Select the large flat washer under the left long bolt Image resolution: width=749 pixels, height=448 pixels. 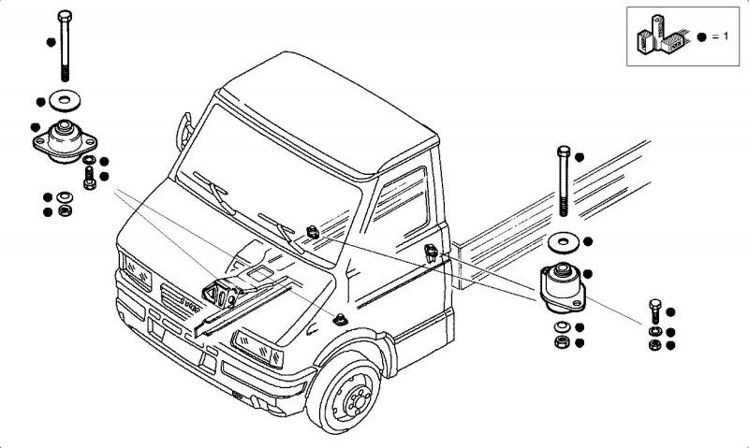(x=66, y=98)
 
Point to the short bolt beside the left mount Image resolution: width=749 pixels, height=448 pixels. (x=88, y=177)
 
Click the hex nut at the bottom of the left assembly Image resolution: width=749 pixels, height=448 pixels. (x=66, y=210)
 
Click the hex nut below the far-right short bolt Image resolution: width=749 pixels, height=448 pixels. (x=654, y=345)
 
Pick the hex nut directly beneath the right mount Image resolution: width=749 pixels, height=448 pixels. (x=560, y=343)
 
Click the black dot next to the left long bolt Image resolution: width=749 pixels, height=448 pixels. (x=48, y=42)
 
